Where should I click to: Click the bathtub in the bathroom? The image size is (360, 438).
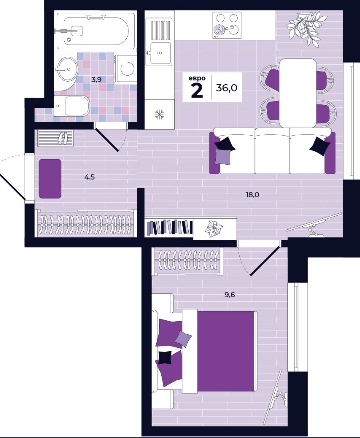(x=93, y=31)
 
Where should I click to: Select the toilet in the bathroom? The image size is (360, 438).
(x=71, y=106)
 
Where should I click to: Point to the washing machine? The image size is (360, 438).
(x=126, y=68)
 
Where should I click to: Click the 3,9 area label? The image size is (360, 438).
(x=96, y=79)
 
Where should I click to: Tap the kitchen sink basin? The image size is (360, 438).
(x=160, y=53)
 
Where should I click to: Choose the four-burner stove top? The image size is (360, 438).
(x=227, y=25)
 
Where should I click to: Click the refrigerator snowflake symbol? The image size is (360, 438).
(x=160, y=114)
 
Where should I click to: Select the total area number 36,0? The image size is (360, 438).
(x=226, y=88)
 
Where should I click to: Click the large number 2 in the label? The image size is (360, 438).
(x=197, y=91)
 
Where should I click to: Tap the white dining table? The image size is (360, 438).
(x=298, y=93)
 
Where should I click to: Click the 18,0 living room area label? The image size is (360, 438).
(x=252, y=195)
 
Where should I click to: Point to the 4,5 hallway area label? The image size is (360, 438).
(x=90, y=177)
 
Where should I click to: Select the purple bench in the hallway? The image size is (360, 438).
(x=50, y=179)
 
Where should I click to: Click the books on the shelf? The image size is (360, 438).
(x=169, y=227)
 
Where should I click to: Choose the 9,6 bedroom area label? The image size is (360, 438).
(x=230, y=295)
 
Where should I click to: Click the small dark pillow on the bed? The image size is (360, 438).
(x=165, y=357)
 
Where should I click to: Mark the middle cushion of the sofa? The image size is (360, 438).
(x=272, y=151)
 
